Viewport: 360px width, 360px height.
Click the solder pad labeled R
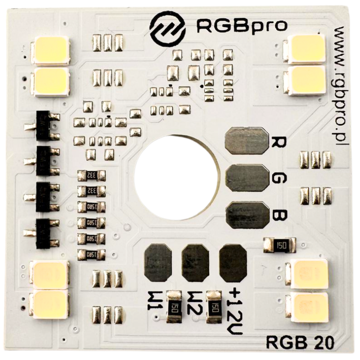point(246,140)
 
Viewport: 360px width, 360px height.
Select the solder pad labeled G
point(246,178)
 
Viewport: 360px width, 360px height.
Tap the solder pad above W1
point(158,263)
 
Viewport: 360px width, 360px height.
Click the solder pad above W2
point(195,263)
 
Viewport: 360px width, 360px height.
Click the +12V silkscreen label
point(236,310)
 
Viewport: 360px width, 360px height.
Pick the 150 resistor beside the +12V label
point(213,307)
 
